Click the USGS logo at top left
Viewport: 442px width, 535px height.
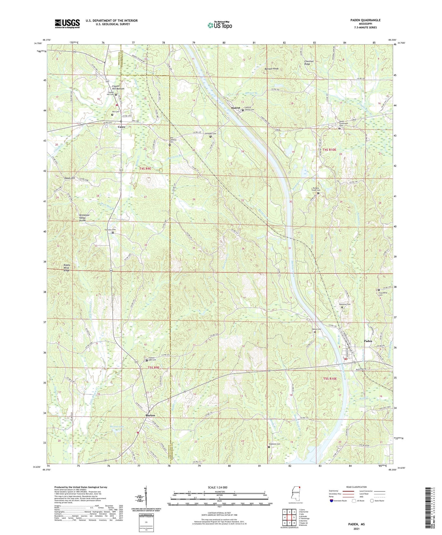point(67,24)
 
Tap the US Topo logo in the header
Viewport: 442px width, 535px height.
point(220,25)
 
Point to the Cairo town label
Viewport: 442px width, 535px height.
point(121,127)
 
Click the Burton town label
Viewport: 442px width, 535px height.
point(150,415)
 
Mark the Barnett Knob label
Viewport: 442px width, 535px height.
point(271,68)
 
